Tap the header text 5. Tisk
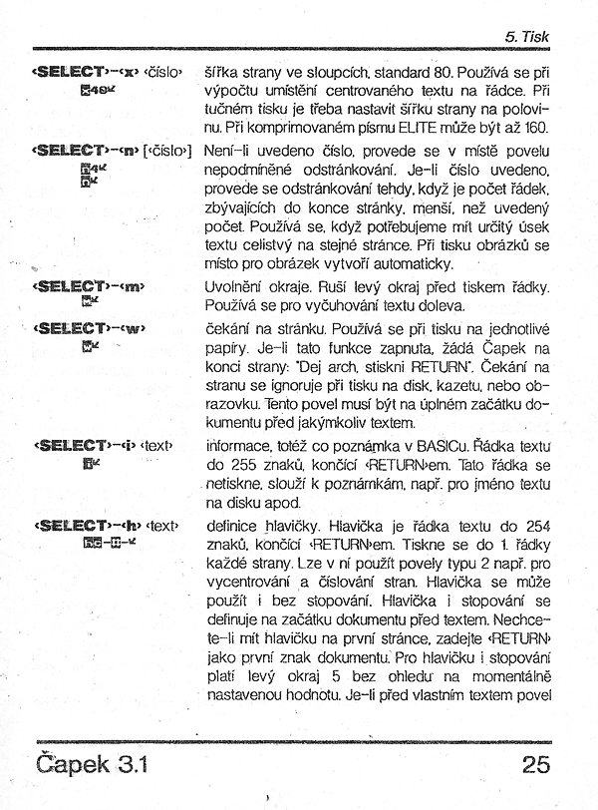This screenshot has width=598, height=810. pyautogui.click(x=527, y=37)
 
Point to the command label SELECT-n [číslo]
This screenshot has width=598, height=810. pyautogui.click(x=112, y=150)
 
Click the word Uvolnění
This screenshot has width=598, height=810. pyautogui.click(x=237, y=286)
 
